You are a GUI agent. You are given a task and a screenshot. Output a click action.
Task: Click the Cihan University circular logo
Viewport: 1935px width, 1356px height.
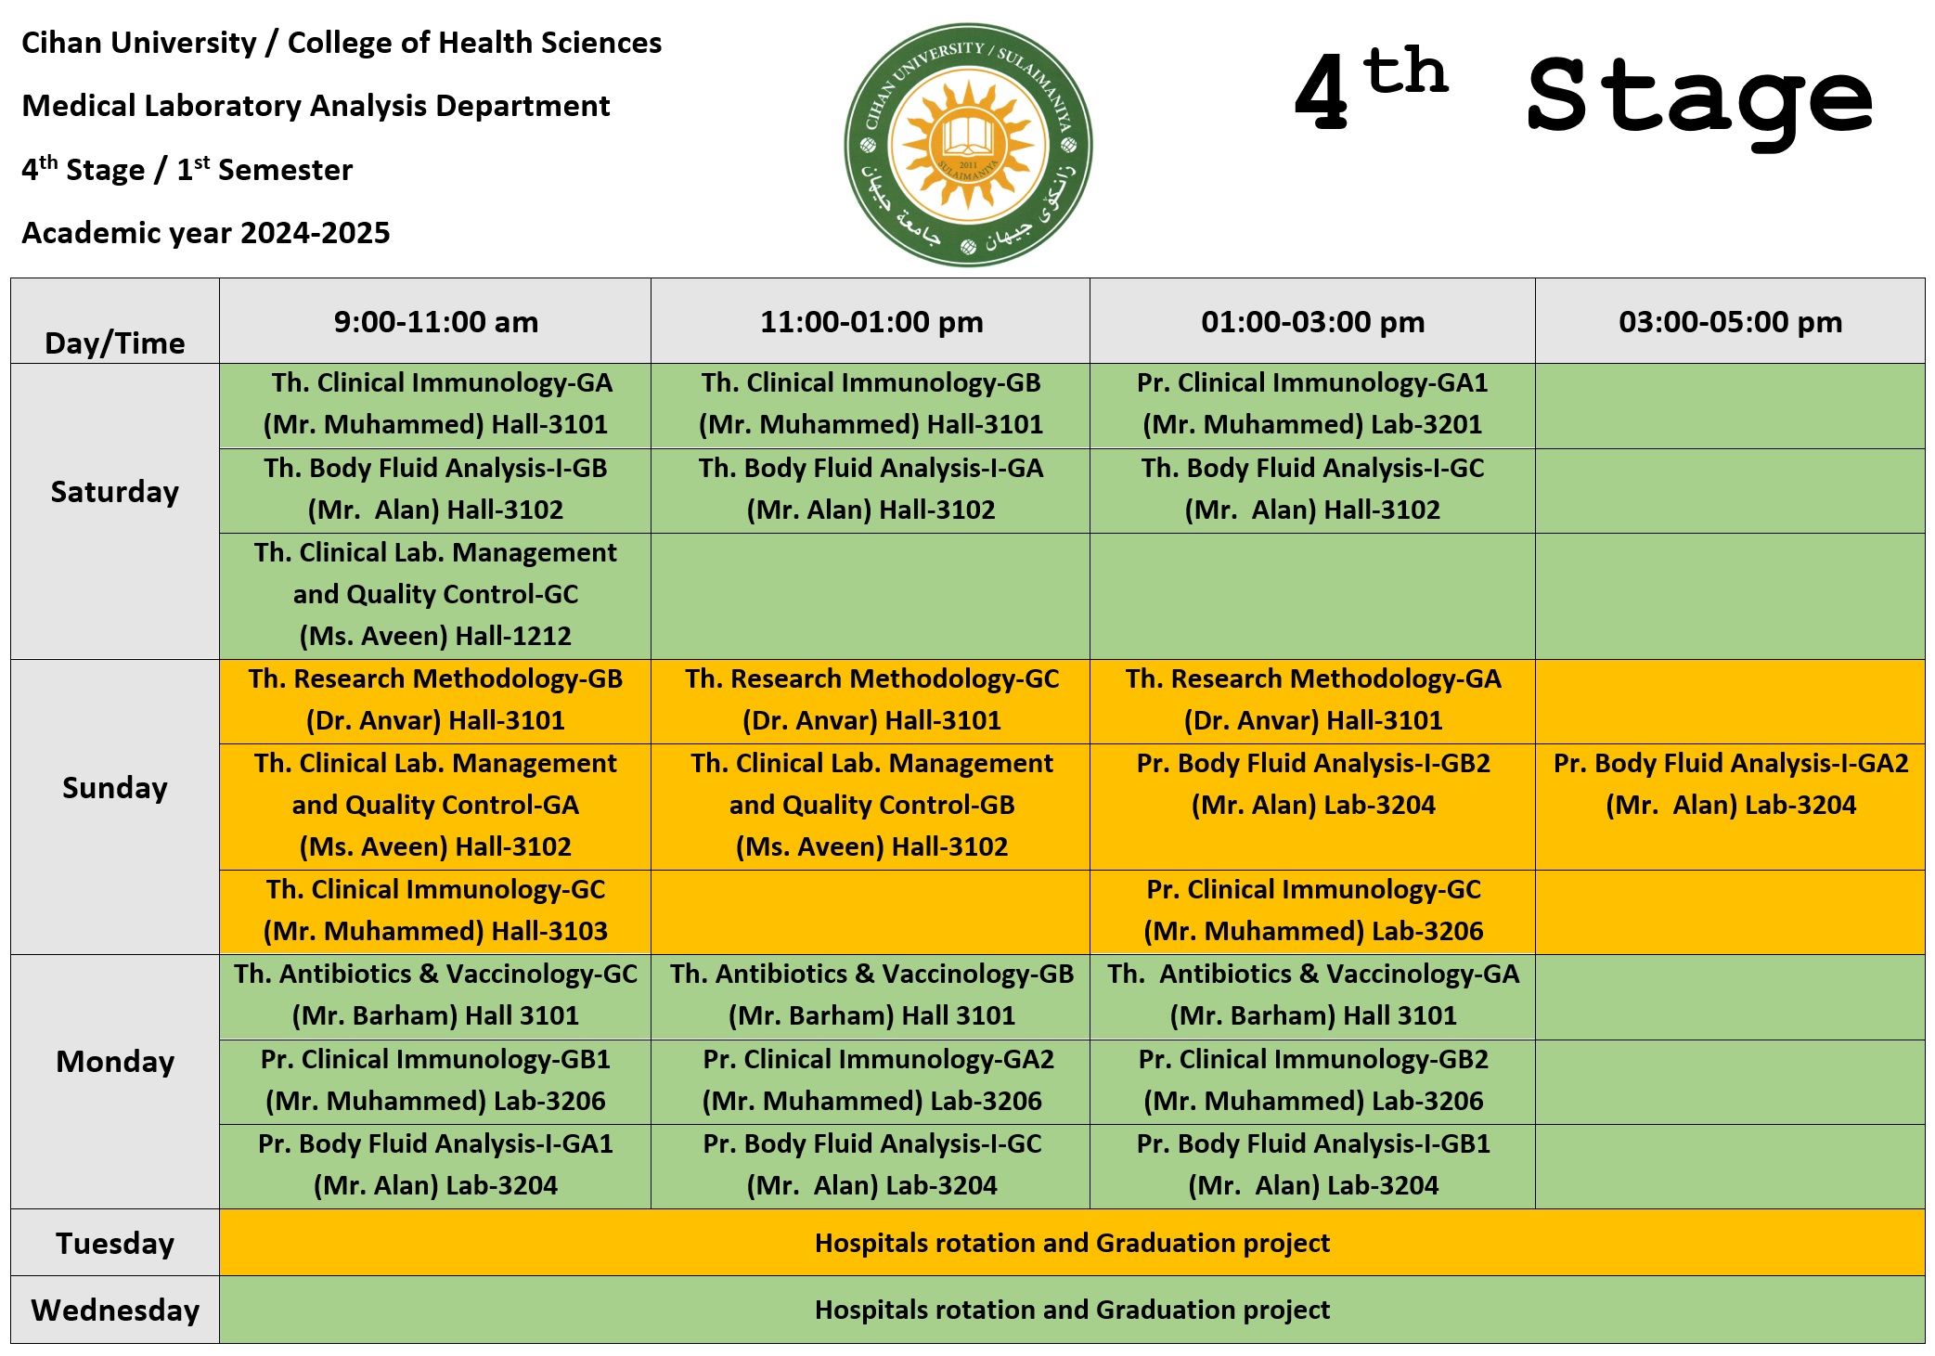(x=968, y=145)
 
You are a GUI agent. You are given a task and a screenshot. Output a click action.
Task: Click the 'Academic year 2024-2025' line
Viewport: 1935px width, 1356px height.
(x=206, y=233)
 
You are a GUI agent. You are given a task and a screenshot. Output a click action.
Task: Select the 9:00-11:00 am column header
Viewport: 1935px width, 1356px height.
(x=435, y=322)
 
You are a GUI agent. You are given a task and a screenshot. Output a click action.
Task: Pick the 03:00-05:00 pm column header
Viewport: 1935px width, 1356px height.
(x=1730, y=322)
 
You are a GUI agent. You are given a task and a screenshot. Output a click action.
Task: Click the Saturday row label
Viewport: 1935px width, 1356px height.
(x=115, y=492)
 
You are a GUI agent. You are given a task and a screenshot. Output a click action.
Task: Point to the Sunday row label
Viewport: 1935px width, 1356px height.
(x=115, y=788)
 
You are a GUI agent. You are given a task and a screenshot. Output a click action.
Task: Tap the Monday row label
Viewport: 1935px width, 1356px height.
(x=115, y=1062)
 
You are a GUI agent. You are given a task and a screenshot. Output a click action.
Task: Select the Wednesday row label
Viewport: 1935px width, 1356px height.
(x=115, y=1310)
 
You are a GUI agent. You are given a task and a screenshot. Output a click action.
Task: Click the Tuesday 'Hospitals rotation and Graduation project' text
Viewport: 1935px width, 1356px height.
(x=1072, y=1243)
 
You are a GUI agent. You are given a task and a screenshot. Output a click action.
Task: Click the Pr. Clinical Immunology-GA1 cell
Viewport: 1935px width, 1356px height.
(x=1312, y=404)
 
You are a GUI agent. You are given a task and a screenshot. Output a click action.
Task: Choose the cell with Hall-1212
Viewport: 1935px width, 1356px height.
(x=435, y=595)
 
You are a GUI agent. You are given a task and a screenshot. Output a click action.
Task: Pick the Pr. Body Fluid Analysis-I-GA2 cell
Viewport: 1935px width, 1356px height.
(x=1730, y=784)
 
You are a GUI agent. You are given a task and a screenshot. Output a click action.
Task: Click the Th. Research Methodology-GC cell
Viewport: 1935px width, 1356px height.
(x=871, y=700)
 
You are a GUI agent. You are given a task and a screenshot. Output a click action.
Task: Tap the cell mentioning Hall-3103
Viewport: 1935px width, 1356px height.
(x=435, y=910)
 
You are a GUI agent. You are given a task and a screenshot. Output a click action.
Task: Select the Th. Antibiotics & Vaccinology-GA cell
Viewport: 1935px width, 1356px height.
(x=1312, y=995)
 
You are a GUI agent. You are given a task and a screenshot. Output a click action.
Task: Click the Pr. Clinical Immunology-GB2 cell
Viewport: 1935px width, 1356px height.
(x=1312, y=1080)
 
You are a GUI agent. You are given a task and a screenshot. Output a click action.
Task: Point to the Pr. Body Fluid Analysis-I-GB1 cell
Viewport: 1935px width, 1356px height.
(x=1312, y=1165)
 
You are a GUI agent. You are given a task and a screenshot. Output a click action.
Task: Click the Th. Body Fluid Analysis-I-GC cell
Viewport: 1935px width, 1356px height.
(x=1312, y=489)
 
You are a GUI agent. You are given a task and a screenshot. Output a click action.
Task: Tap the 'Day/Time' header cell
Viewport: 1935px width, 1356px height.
(x=115, y=342)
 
